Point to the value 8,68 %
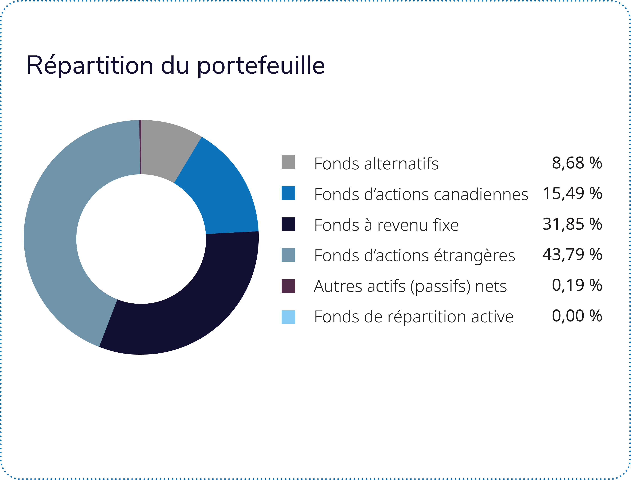(x=577, y=163)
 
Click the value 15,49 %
(x=572, y=193)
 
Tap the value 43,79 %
(x=572, y=255)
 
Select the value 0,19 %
(x=577, y=285)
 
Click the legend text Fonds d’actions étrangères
(x=414, y=256)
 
